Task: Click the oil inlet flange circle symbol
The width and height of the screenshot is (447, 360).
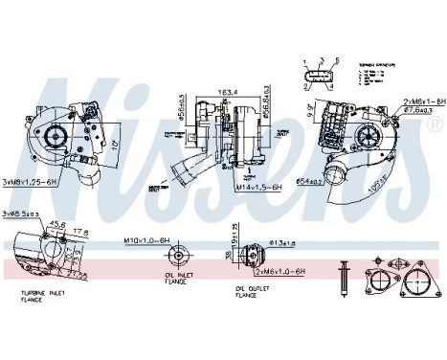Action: (x=175, y=257)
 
